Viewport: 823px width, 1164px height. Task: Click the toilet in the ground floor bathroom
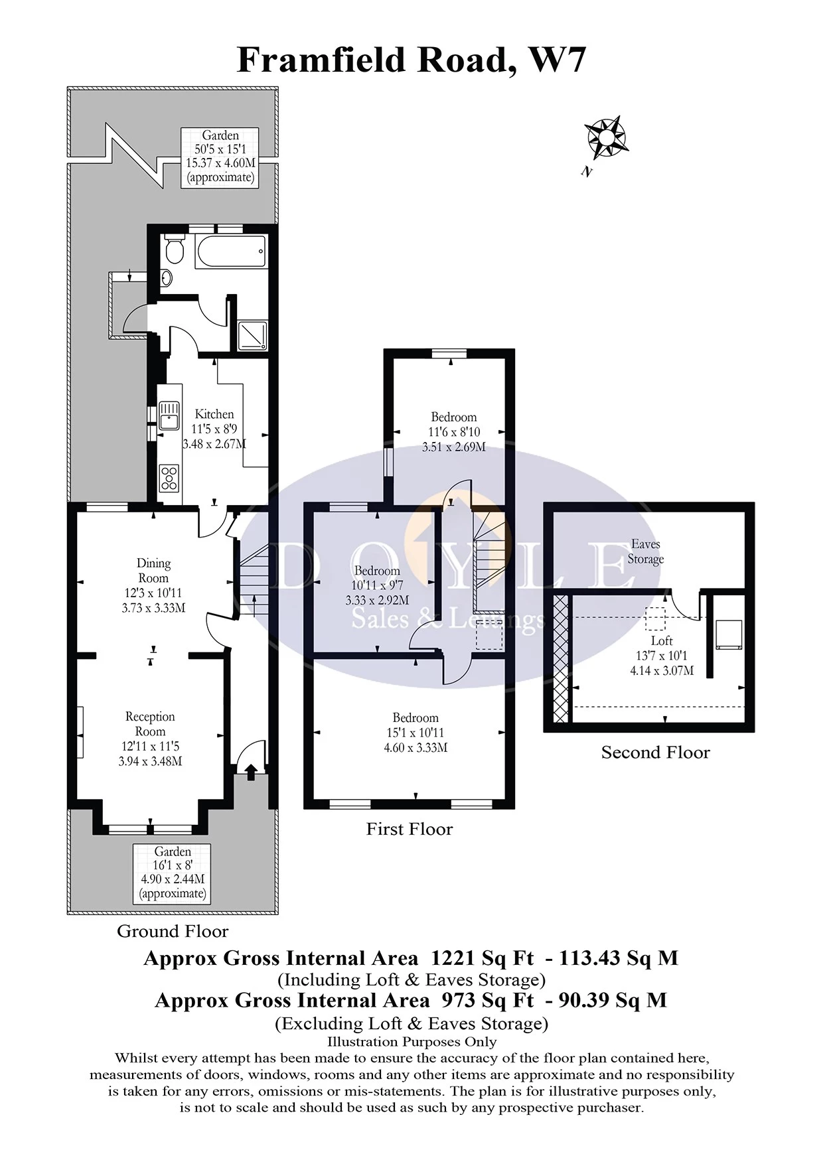coord(175,250)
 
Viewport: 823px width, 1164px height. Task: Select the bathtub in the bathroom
coord(230,252)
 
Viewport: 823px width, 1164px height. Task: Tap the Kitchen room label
coord(214,414)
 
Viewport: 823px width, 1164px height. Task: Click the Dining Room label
coord(153,570)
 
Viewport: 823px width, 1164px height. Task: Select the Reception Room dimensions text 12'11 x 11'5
coord(150,747)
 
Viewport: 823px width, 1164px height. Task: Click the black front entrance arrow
coord(252,771)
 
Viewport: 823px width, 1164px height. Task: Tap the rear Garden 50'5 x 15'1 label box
coord(220,157)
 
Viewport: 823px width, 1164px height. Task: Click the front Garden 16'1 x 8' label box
coord(173,873)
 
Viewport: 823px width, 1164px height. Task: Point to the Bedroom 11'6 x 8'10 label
coord(454,431)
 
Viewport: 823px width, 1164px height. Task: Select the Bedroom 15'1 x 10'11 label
coord(415,732)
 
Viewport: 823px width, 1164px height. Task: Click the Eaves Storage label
coord(645,551)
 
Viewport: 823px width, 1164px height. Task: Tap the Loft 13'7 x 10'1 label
coord(662,655)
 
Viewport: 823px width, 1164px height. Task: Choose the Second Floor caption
coord(655,753)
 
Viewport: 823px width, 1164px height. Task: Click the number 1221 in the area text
coord(453,958)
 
